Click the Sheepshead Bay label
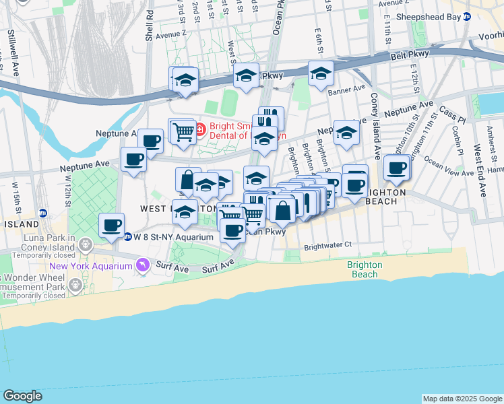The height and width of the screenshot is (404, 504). point(429,17)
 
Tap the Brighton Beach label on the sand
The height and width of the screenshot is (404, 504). point(365,269)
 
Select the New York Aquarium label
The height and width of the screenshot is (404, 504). point(90,266)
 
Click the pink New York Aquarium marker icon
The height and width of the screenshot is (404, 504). point(142,267)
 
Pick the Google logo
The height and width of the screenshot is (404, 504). point(22,396)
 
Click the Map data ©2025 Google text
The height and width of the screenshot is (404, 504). point(462,399)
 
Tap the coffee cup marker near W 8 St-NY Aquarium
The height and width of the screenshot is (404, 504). point(112,225)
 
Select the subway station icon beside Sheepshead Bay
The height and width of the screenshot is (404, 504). point(466,17)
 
